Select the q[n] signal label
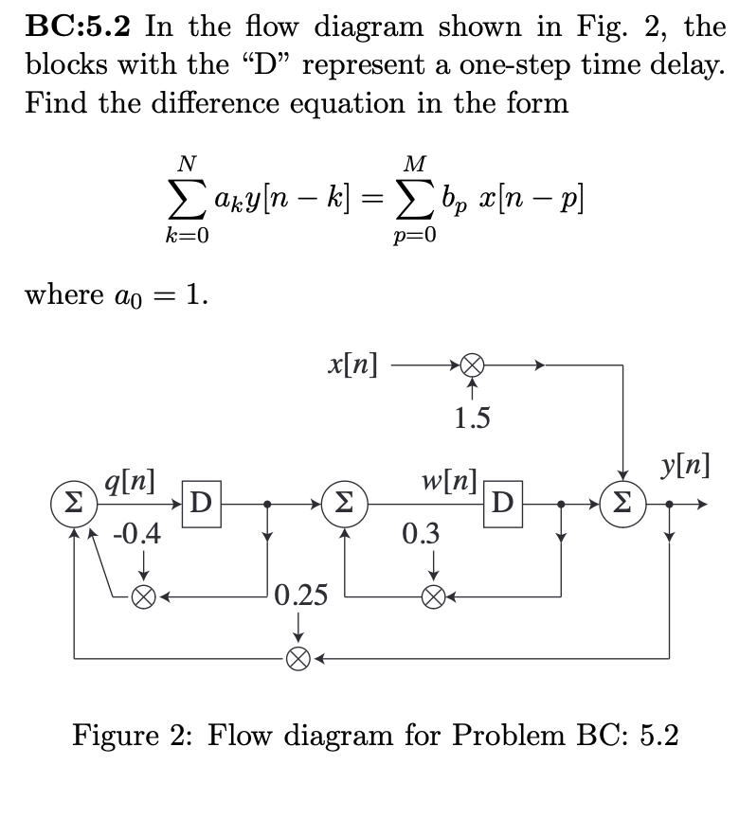point(133,481)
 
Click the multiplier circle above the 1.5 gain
point(473,364)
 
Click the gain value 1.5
point(472,418)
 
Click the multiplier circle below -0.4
point(144,596)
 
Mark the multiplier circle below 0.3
point(433,596)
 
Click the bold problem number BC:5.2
point(81,26)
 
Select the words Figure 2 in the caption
point(147,735)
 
